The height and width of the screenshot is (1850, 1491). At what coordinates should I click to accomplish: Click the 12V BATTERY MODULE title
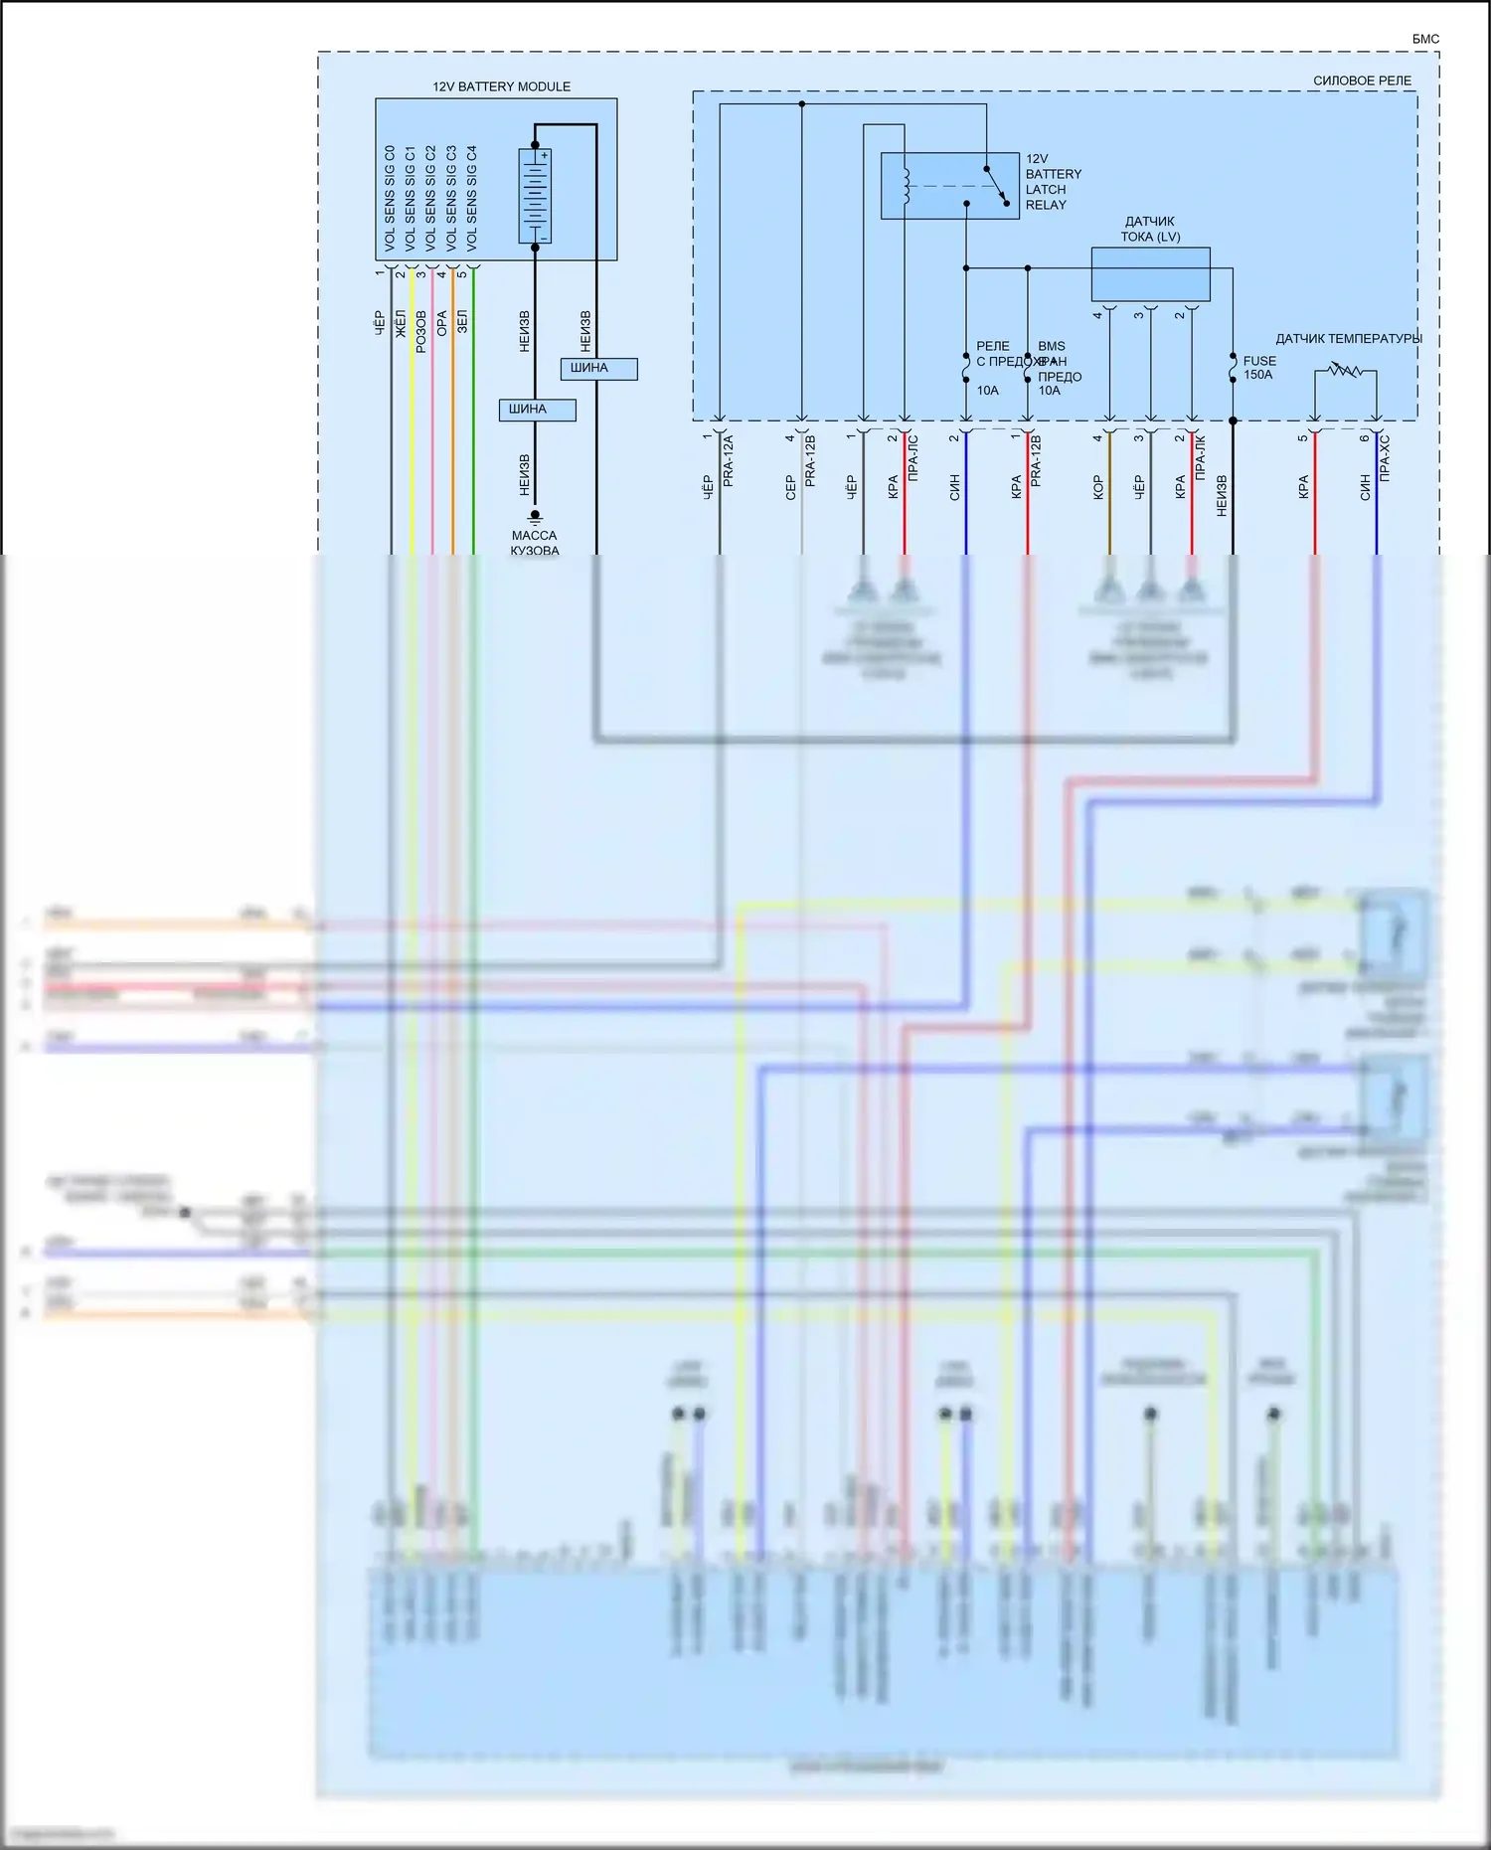[501, 86]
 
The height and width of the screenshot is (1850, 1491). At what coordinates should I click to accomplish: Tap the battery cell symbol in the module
[535, 197]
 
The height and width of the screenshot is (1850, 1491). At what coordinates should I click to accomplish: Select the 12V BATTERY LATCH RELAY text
[1053, 182]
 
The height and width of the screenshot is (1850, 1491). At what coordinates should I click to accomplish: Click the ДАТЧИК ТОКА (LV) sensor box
[1150, 274]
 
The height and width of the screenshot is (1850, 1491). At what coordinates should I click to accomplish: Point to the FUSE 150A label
[1258, 368]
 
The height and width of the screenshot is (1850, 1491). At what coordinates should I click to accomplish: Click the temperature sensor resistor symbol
[1345, 371]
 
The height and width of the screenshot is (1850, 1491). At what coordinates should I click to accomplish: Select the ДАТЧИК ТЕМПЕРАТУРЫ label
[1348, 339]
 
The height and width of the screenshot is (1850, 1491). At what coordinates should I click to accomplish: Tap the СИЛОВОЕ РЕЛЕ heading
[1361, 81]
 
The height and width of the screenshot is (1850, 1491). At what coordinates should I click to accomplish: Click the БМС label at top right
[1424, 39]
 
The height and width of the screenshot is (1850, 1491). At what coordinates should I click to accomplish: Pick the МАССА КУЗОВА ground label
[534, 543]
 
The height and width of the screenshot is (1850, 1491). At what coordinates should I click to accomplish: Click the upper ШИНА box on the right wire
[598, 369]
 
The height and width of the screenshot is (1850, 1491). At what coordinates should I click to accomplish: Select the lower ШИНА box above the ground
[537, 410]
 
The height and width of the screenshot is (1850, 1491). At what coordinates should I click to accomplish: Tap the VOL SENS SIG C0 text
[390, 197]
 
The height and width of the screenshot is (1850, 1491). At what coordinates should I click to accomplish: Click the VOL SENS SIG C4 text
[472, 197]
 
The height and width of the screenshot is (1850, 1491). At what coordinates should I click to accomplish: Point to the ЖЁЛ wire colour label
[401, 322]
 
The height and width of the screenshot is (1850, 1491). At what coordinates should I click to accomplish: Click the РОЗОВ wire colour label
[421, 331]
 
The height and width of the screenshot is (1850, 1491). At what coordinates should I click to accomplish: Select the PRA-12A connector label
[728, 460]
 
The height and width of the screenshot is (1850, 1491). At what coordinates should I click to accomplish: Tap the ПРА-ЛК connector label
[1200, 458]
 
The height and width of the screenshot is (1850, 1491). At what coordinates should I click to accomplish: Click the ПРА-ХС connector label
[1385, 458]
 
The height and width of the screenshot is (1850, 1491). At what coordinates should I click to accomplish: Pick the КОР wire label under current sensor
[1098, 486]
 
